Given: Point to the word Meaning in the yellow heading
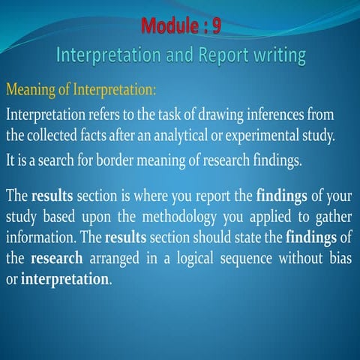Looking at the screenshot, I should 29,91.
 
